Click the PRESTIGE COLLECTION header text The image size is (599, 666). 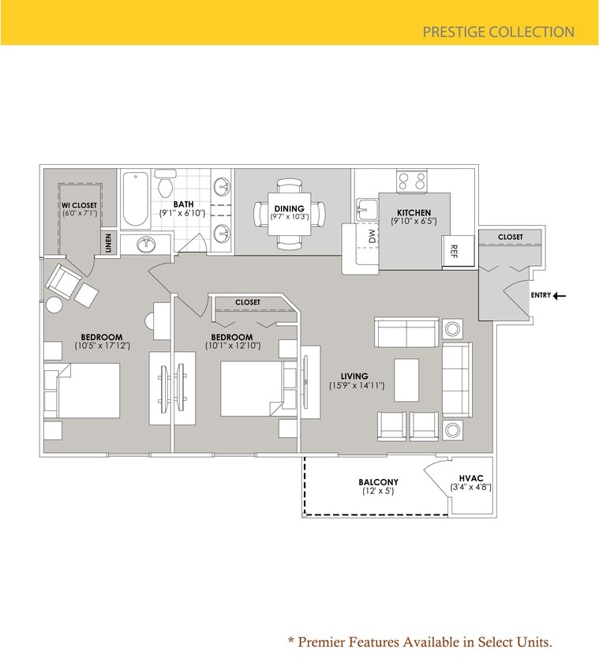point(498,32)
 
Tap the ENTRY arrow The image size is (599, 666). point(559,296)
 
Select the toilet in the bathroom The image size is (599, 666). point(166,185)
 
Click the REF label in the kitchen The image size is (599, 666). point(454,252)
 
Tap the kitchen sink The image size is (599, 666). point(367,210)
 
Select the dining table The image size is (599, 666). point(289,213)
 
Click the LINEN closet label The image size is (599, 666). point(109,243)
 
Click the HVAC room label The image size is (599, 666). point(470,477)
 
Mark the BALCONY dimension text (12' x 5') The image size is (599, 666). point(377,492)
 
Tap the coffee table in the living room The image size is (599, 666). point(406,380)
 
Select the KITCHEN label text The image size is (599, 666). point(414,212)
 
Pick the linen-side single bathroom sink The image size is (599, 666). point(145,244)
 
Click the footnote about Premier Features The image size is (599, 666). point(419,642)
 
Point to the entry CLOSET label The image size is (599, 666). point(511,237)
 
